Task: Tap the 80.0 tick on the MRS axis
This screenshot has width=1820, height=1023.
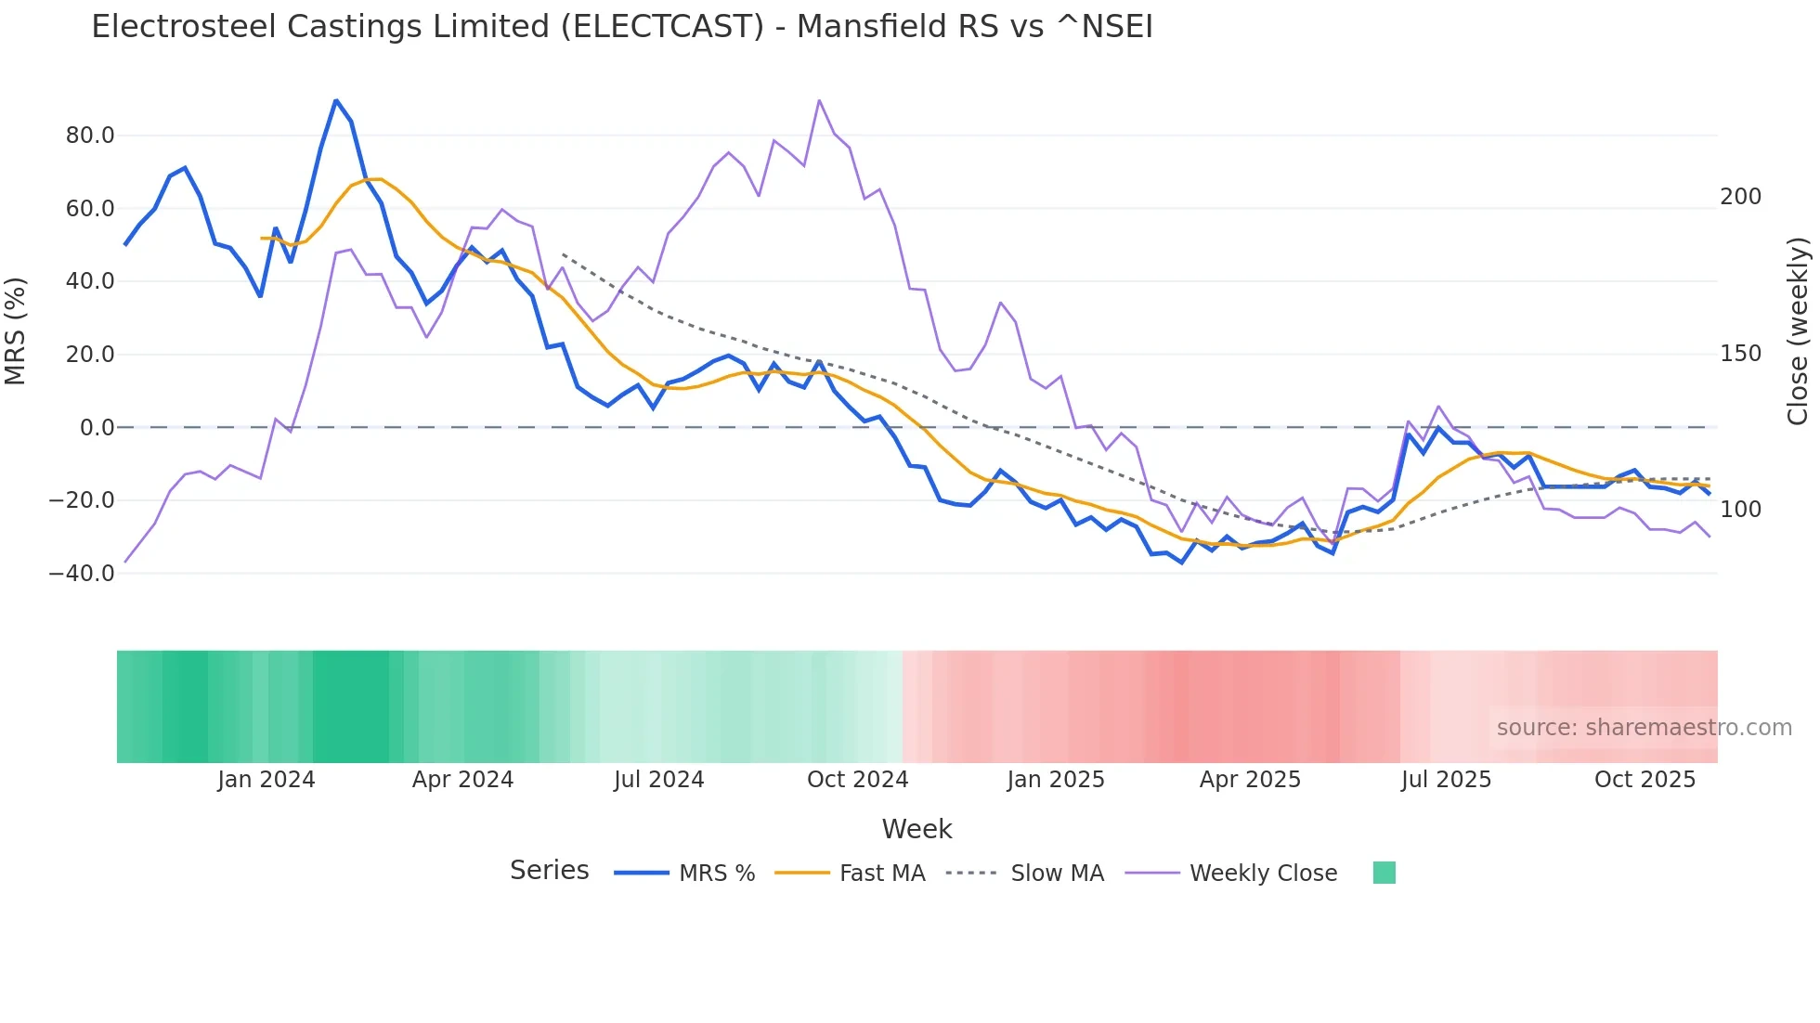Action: (x=90, y=136)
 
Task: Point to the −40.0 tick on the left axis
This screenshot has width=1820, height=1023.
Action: (x=82, y=574)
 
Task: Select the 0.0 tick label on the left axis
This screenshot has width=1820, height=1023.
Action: (x=97, y=428)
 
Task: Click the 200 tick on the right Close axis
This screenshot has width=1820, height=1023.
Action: (x=1740, y=197)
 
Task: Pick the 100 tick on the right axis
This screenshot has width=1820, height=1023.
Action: (x=1740, y=510)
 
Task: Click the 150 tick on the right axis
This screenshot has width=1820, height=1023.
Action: (x=1740, y=354)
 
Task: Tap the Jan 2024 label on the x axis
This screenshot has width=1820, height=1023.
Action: (x=266, y=780)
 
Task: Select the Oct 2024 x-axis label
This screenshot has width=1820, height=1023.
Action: (x=857, y=780)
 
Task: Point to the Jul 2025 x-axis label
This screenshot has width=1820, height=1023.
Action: (x=1446, y=780)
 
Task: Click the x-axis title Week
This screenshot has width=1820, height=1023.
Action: (x=916, y=829)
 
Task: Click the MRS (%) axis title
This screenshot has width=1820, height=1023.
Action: (x=16, y=331)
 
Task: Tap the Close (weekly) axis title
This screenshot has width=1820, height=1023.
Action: (x=1799, y=331)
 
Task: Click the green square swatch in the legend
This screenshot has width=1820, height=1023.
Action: (x=1384, y=873)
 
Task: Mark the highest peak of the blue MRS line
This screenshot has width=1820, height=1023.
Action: (x=336, y=100)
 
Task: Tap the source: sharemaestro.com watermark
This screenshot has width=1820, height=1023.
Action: (x=1644, y=728)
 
